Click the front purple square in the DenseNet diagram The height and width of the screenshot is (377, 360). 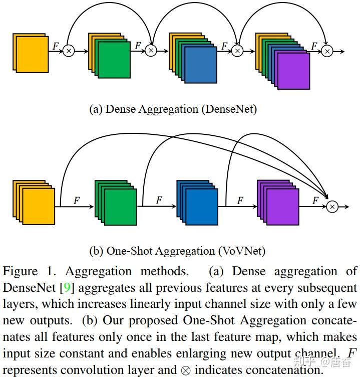(293, 71)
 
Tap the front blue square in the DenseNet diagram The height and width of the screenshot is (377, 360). (201, 65)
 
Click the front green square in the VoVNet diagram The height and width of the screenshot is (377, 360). (121, 207)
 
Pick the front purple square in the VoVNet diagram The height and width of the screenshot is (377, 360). (283, 207)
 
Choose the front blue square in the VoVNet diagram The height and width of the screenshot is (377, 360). (202, 207)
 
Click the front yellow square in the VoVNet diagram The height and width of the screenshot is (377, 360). (39, 207)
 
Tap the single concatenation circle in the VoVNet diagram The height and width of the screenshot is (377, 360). (332, 207)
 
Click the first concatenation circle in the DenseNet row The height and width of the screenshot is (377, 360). (69, 51)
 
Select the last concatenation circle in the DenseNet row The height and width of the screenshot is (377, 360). (327, 51)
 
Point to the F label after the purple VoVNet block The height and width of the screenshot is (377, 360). (315, 200)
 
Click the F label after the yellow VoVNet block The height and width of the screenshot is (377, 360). (77, 200)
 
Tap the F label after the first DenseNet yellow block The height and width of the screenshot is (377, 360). (56, 46)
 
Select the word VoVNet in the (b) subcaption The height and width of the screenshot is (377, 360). (242, 251)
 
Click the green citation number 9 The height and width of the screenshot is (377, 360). (67, 288)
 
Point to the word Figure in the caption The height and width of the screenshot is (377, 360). (20, 272)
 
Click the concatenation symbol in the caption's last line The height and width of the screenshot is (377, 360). (186, 370)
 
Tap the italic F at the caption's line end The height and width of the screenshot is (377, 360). (351, 353)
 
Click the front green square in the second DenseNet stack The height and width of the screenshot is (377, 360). (114, 60)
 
